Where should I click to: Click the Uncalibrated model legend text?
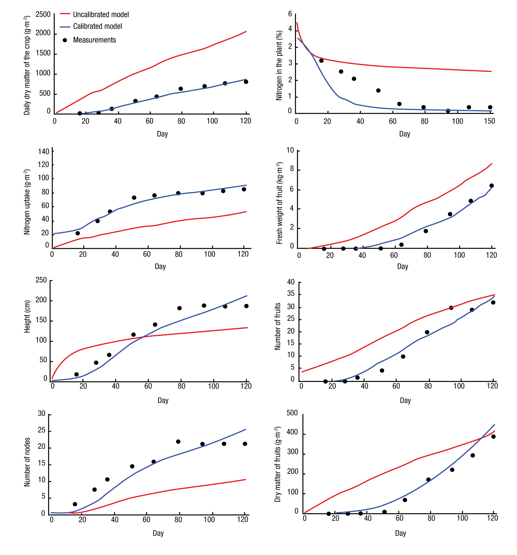click(x=101, y=14)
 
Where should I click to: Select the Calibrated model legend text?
click(x=98, y=26)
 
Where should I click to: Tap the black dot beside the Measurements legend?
click(x=65, y=40)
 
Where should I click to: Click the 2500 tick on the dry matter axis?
click(x=43, y=14)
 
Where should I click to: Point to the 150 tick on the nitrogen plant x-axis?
click(x=489, y=121)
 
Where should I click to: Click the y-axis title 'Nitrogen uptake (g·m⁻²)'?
click(x=27, y=202)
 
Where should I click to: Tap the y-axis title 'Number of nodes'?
click(x=27, y=462)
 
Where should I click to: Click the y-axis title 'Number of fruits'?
click(x=277, y=326)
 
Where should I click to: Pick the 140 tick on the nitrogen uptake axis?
click(x=43, y=152)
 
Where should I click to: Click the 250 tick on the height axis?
click(x=41, y=280)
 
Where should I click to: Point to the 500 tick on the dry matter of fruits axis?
click(x=292, y=413)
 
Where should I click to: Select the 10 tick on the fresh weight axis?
click(x=290, y=150)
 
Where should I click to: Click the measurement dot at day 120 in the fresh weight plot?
click(x=491, y=186)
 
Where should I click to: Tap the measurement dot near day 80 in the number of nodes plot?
click(x=178, y=442)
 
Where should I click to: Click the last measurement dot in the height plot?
click(x=246, y=306)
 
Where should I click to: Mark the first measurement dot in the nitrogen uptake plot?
click(x=78, y=233)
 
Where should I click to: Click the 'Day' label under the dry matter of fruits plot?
click(x=400, y=533)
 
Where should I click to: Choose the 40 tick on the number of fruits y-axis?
click(x=291, y=282)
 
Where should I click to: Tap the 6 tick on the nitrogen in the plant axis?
click(x=290, y=14)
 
